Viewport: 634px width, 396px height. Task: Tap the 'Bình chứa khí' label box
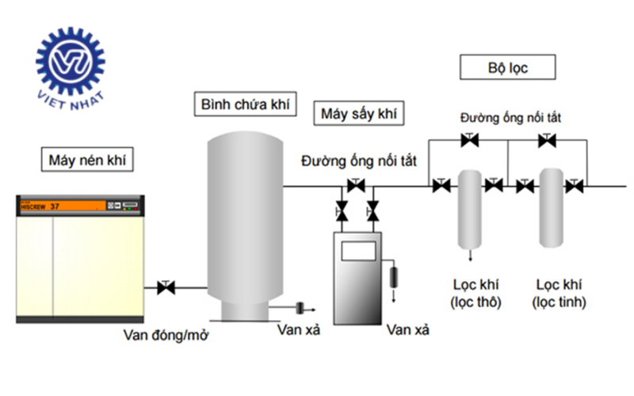pos(245,105)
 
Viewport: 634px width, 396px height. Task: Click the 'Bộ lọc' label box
pos(507,68)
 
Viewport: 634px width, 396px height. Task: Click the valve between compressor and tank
pos(166,287)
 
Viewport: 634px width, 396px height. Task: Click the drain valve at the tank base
pos(300,307)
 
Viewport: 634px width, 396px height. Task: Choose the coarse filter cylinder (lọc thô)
pos(469,208)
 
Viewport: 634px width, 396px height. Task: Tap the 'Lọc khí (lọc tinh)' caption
pos(560,292)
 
